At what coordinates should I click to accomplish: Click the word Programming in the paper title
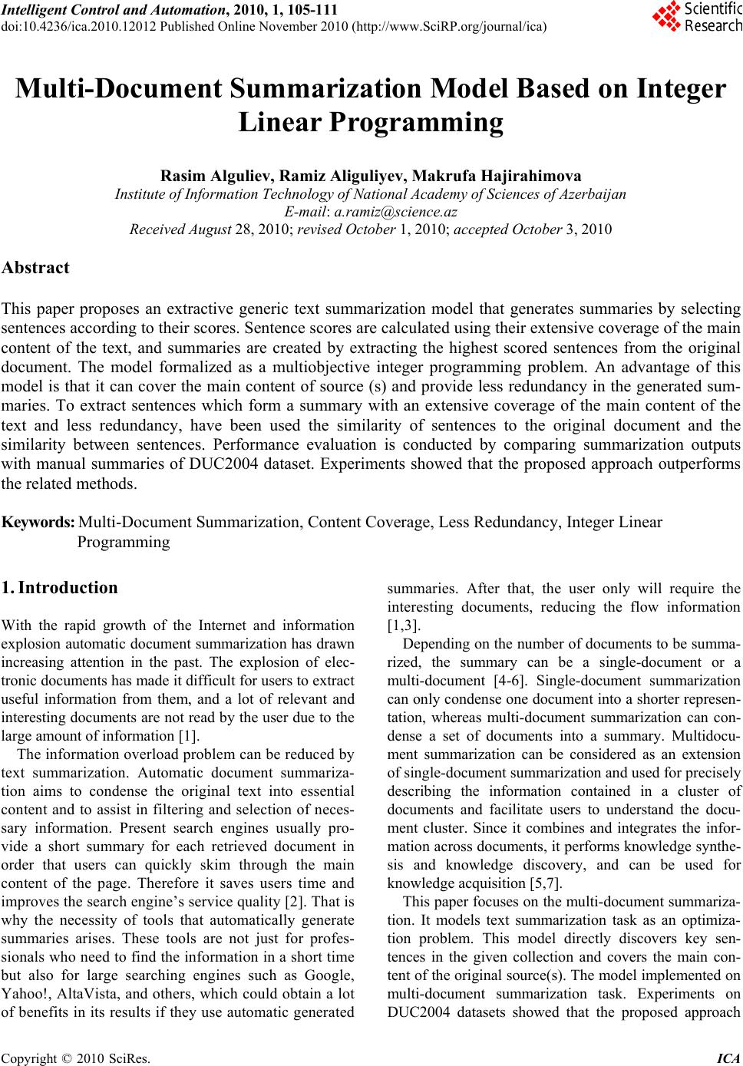point(410,122)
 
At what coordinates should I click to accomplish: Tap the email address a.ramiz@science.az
point(396,212)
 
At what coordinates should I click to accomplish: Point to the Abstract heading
point(35,268)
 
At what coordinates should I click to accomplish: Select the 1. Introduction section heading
point(60,588)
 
